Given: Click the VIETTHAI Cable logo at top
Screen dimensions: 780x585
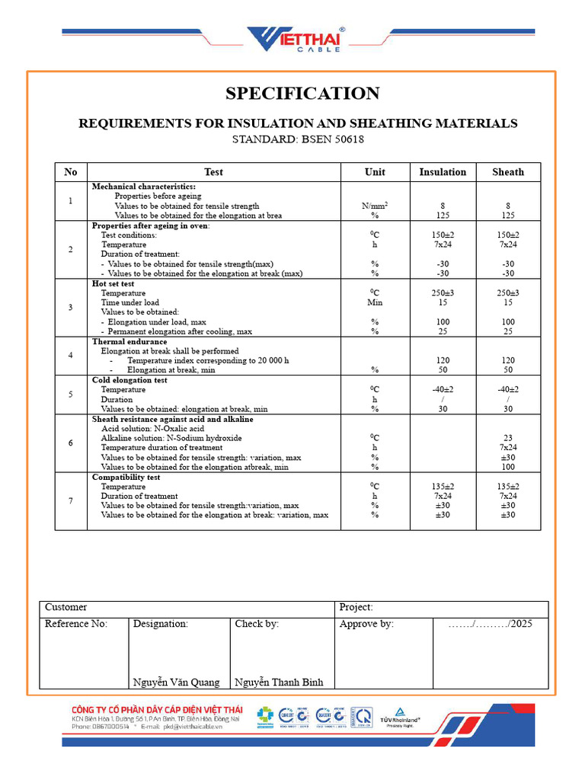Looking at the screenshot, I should (x=294, y=40).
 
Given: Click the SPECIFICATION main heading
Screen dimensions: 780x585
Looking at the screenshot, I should (x=302, y=94).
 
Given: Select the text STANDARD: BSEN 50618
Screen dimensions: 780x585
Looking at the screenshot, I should (x=298, y=139).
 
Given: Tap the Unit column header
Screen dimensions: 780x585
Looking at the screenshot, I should (x=375, y=172).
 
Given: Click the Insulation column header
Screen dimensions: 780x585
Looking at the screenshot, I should (x=443, y=172).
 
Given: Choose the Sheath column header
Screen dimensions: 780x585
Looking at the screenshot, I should (x=508, y=172).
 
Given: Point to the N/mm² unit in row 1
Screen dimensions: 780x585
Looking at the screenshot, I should (x=375, y=206).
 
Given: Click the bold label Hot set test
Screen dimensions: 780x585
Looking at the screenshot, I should (x=113, y=283).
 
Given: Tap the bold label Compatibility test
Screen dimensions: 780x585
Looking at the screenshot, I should (x=126, y=477).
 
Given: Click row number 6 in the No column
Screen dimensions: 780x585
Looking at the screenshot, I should (x=71, y=443).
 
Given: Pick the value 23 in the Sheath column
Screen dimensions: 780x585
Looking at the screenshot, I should (x=508, y=438).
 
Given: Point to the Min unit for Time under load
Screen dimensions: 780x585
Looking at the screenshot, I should (x=375, y=302).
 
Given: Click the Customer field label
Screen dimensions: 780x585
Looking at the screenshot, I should (x=66, y=608).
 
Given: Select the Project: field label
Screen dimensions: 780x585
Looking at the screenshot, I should (x=356, y=608).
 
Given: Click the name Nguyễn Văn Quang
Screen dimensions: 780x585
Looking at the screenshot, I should (x=176, y=682).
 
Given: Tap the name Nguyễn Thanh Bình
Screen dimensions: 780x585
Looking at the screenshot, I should (x=279, y=682).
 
